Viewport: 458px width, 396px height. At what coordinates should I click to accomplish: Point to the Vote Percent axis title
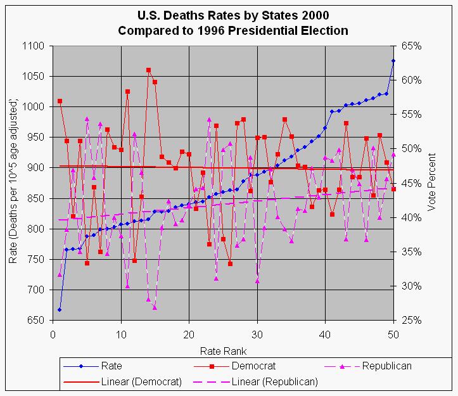(434, 183)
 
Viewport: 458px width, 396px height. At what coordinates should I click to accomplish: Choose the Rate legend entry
(111, 366)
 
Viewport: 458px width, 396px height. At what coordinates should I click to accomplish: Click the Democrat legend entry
(253, 366)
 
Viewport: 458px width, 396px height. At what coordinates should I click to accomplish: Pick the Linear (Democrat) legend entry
(140, 381)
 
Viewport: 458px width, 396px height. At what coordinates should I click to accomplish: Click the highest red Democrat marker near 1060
(148, 70)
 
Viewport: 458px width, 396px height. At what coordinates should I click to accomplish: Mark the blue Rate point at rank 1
(60, 309)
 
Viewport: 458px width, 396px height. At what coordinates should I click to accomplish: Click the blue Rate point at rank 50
(393, 61)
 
